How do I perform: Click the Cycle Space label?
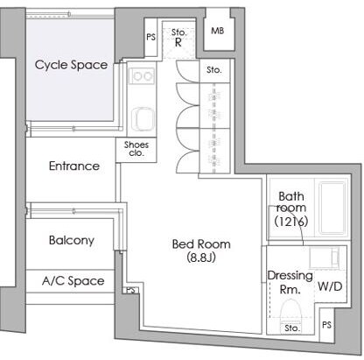coord(71,65)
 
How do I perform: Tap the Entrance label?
coord(74,166)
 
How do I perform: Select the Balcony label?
coord(72,240)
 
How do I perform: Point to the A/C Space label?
coord(73,281)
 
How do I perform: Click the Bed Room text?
coord(201,244)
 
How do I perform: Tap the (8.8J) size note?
coord(201,258)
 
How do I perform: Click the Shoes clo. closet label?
coord(136,149)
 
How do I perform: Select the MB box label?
coord(218,31)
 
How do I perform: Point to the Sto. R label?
coord(178,37)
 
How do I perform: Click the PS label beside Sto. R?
coord(150,37)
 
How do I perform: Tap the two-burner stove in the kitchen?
coord(142,76)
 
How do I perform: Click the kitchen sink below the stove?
coord(142,120)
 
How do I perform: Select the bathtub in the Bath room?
coord(332,208)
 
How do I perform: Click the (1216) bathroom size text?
coord(291,222)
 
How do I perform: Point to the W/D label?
coord(330,286)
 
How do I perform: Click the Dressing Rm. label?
coord(290,282)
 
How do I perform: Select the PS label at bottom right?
coord(326,325)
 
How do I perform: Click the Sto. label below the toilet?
coord(292,328)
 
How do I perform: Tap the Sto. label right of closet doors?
coord(214,70)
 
